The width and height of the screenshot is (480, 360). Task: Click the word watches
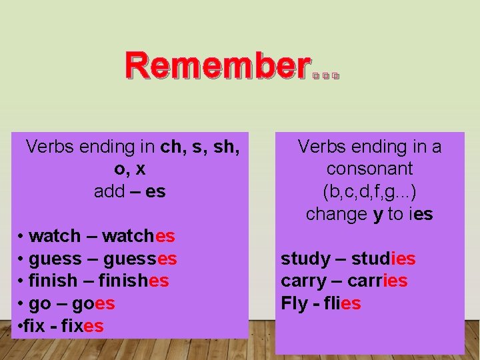click(139, 236)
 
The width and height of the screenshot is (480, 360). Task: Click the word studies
click(383, 259)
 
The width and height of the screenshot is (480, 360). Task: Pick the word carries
click(379, 281)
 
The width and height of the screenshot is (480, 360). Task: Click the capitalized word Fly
click(294, 303)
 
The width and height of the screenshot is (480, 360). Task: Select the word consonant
click(369, 169)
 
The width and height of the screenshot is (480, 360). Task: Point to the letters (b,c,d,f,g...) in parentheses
click(369, 191)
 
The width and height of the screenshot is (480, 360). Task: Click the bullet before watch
click(22, 237)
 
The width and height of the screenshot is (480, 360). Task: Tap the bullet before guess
click(22, 259)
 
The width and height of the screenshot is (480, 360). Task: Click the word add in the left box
click(109, 191)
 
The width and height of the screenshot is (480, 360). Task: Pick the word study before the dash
click(305, 259)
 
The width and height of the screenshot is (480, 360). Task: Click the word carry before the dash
click(305, 281)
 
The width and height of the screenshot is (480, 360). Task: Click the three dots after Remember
click(326, 76)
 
